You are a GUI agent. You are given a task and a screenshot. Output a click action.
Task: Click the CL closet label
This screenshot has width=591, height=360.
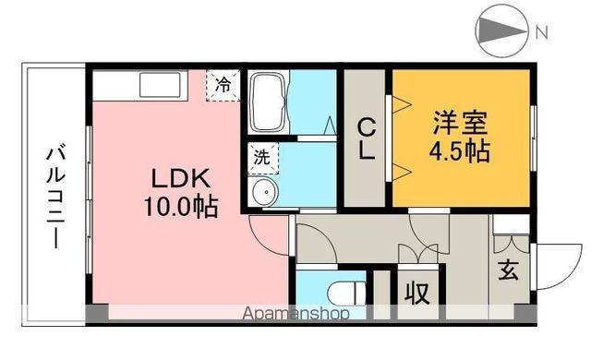[x=367, y=138]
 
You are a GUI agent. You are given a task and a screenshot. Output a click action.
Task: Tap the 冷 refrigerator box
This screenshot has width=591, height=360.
[x=222, y=83]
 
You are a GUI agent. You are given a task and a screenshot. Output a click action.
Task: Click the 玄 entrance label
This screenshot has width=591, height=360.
[x=510, y=272]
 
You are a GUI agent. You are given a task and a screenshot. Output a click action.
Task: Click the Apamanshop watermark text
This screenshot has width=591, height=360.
[x=295, y=314]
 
